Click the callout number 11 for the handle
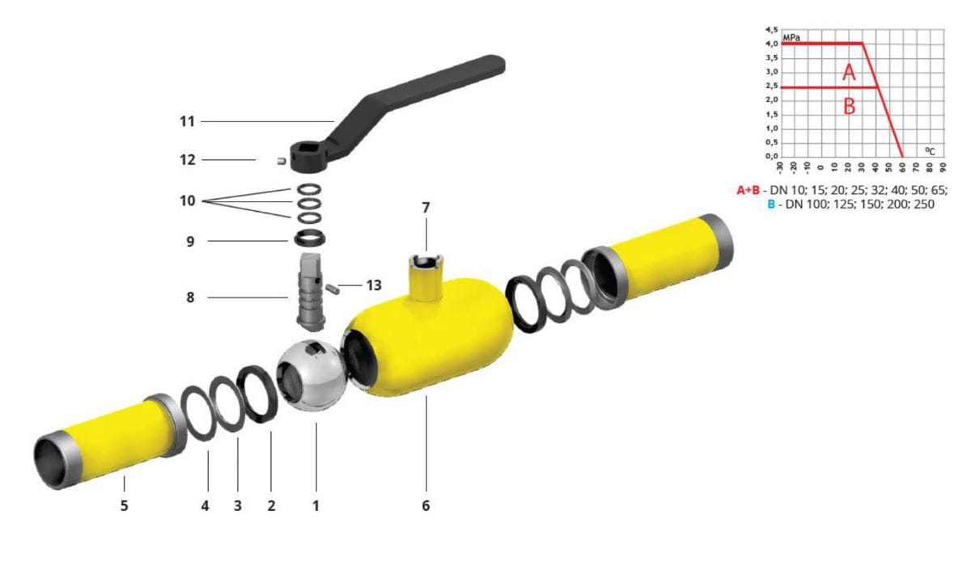point(187,121)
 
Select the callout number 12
point(188,160)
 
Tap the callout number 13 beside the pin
point(374,285)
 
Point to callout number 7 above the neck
point(426,208)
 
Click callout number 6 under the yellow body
point(426,505)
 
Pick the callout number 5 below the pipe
point(124,505)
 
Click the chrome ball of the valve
point(312,376)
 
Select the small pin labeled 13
point(333,289)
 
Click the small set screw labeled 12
point(282,161)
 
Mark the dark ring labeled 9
point(310,238)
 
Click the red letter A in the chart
point(849,72)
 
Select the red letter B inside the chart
point(849,106)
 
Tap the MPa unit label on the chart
point(791,38)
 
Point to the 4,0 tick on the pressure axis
point(772,44)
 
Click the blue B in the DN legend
point(770,204)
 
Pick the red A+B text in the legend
point(748,190)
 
